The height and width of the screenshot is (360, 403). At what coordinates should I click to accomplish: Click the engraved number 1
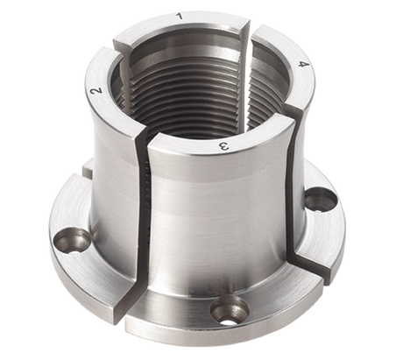180,17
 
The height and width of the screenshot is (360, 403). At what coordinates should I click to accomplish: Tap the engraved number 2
96,91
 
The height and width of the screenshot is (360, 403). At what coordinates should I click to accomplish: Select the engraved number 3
223,146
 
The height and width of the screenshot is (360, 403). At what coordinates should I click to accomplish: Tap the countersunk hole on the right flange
322,200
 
